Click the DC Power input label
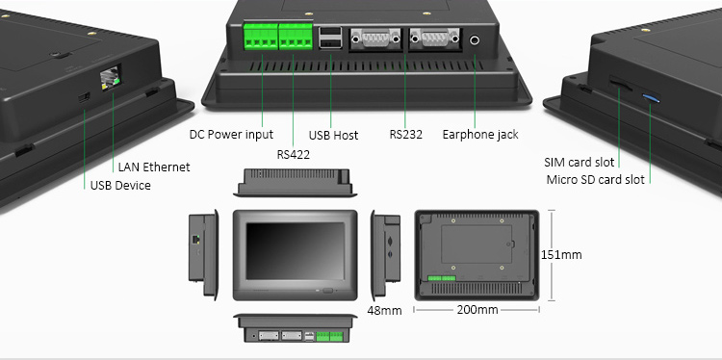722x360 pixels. (x=231, y=135)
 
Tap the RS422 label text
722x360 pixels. (x=294, y=155)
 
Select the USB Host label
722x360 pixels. (x=333, y=136)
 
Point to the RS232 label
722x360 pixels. (x=405, y=135)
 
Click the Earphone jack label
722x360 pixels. (x=480, y=135)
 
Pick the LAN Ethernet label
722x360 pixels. (x=154, y=167)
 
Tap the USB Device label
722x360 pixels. (x=120, y=186)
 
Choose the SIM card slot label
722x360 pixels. (x=580, y=162)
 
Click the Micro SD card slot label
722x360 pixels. (x=595, y=180)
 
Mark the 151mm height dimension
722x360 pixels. (x=561, y=254)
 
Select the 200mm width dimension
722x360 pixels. (x=477, y=310)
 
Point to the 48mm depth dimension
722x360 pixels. (x=384, y=311)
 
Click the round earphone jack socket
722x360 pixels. (x=475, y=40)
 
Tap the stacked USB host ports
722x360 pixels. (x=330, y=39)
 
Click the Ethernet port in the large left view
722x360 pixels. (x=110, y=78)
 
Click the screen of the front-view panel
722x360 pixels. (x=295, y=251)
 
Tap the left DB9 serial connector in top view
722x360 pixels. (x=375, y=39)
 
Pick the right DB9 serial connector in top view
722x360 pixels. (x=435, y=39)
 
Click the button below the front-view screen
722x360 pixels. (x=328, y=291)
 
